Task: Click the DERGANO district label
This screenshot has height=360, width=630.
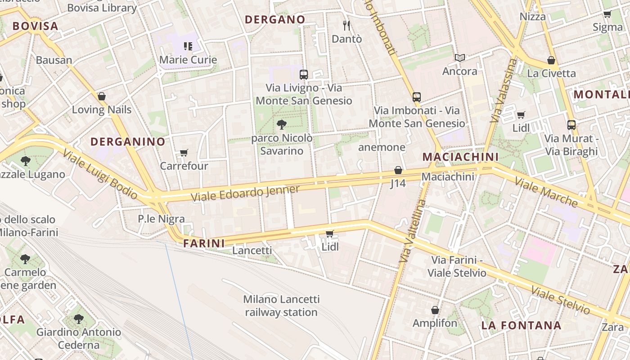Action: tap(274, 19)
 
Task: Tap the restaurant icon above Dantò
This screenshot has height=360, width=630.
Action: tap(346, 25)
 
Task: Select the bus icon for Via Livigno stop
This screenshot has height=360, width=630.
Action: tap(304, 75)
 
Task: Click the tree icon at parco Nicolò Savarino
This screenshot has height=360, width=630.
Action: tap(282, 124)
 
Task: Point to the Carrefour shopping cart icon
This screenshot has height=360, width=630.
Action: tap(184, 153)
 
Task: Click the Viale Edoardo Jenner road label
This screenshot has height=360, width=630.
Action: tap(245, 193)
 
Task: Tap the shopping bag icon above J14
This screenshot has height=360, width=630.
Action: tap(398, 170)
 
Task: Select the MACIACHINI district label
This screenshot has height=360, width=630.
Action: tap(460, 157)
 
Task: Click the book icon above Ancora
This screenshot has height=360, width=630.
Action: tap(459, 58)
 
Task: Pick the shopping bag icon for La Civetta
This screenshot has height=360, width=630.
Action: tap(551, 60)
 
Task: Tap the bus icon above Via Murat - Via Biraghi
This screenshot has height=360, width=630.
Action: tap(571, 125)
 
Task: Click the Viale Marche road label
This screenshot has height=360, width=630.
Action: tap(546, 192)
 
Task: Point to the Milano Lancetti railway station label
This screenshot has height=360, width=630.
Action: tap(281, 306)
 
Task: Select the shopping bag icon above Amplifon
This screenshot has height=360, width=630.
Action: tap(435, 310)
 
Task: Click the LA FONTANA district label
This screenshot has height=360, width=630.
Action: tap(521, 325)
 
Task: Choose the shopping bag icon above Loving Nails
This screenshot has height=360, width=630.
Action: tap(102, 96)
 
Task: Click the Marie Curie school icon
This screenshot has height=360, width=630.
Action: tap(188, 46)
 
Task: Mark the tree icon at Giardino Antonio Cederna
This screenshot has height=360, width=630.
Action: tap(79, 319)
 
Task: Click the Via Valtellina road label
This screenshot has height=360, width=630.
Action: tap(413, 231)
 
